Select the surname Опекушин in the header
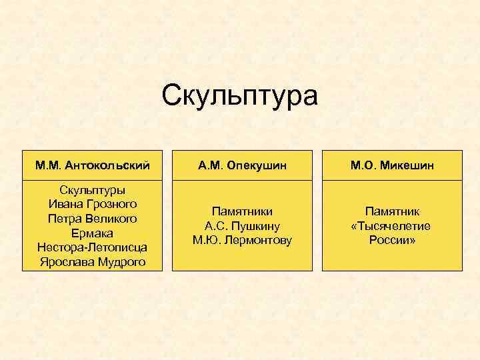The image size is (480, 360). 257,164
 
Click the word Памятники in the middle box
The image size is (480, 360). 242,211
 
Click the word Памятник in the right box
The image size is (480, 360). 392,211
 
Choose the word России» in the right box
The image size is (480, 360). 392,240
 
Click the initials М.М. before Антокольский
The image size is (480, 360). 50,164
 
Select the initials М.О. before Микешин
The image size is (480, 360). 364,164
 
